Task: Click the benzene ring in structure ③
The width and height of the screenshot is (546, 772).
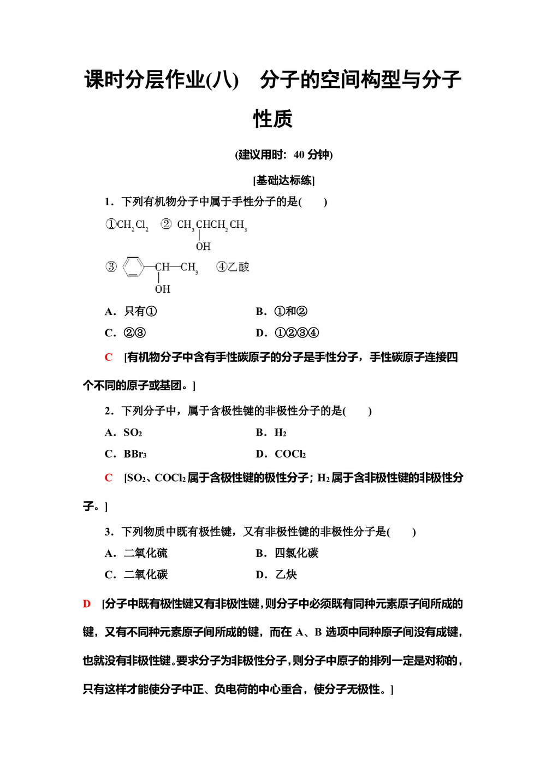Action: pyautogui.click(x=133, y=267)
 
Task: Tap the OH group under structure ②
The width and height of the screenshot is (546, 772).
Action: pyautogui.click(x=203, y=247)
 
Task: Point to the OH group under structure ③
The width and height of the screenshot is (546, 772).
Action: pyautogui.click(x=162, y=289)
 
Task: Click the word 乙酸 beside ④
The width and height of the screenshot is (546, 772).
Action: pyautogui.click(x=239, y=267)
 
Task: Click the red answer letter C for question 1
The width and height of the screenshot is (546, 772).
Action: pyautogui.click(x=109, y=358)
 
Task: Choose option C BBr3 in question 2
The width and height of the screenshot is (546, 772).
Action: pyautogui.click(x=126, y=454)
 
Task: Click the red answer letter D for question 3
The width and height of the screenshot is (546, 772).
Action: pyautogui.click(x=87, y=604)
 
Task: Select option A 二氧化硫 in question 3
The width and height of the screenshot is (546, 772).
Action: pyautogui.click(x=136, y=554)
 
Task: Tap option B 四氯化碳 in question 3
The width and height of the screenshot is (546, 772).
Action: pyautogui.click(x=287, y=554)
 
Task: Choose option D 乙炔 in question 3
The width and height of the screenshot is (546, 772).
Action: pyautogui.click(x=277, y=575)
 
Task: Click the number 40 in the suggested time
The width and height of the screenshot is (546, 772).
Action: pyautogui.click(x=299, y=155)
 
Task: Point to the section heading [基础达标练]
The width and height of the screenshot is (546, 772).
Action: pyautogui.click(x=284, y=181)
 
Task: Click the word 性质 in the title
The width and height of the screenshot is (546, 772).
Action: pyautogui.click(x=273, y=119)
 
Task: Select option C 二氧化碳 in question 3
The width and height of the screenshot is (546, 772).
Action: pyautogui.click(x=136, y=575)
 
